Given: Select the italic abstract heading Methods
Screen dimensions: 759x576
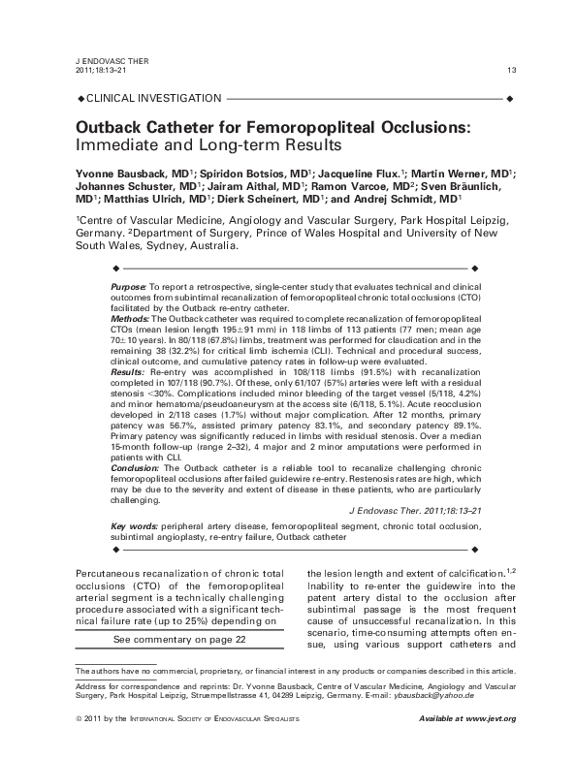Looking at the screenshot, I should (x=129, y=318).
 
